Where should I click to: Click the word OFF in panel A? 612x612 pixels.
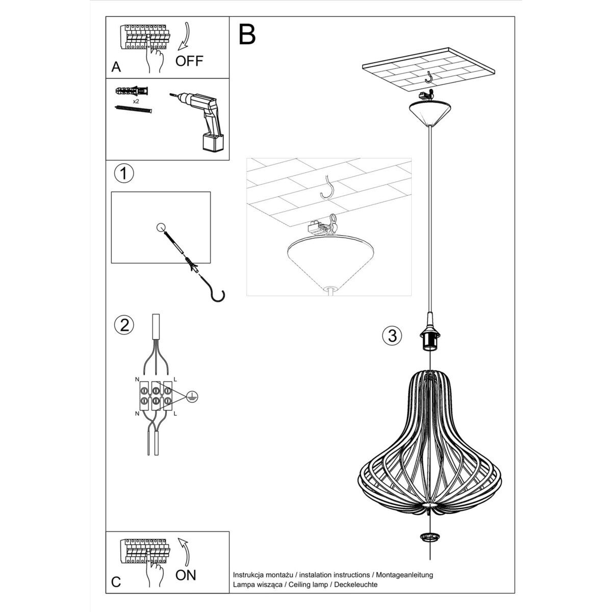pyautogui.click(x=189, y=61)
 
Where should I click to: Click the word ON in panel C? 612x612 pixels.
pyautogui.click(x=186, y=575)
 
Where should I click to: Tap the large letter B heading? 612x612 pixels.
pyautogui.click(x=247, y=34)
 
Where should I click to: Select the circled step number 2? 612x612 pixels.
pyautogui.click(x=124, y=325)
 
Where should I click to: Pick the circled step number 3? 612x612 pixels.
pyautogui.click(x=392, y=336)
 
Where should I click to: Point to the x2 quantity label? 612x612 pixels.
pyautogui.click(x=136, y=101)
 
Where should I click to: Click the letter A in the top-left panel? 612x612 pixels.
pyautogui.click(x=117, y=67)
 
